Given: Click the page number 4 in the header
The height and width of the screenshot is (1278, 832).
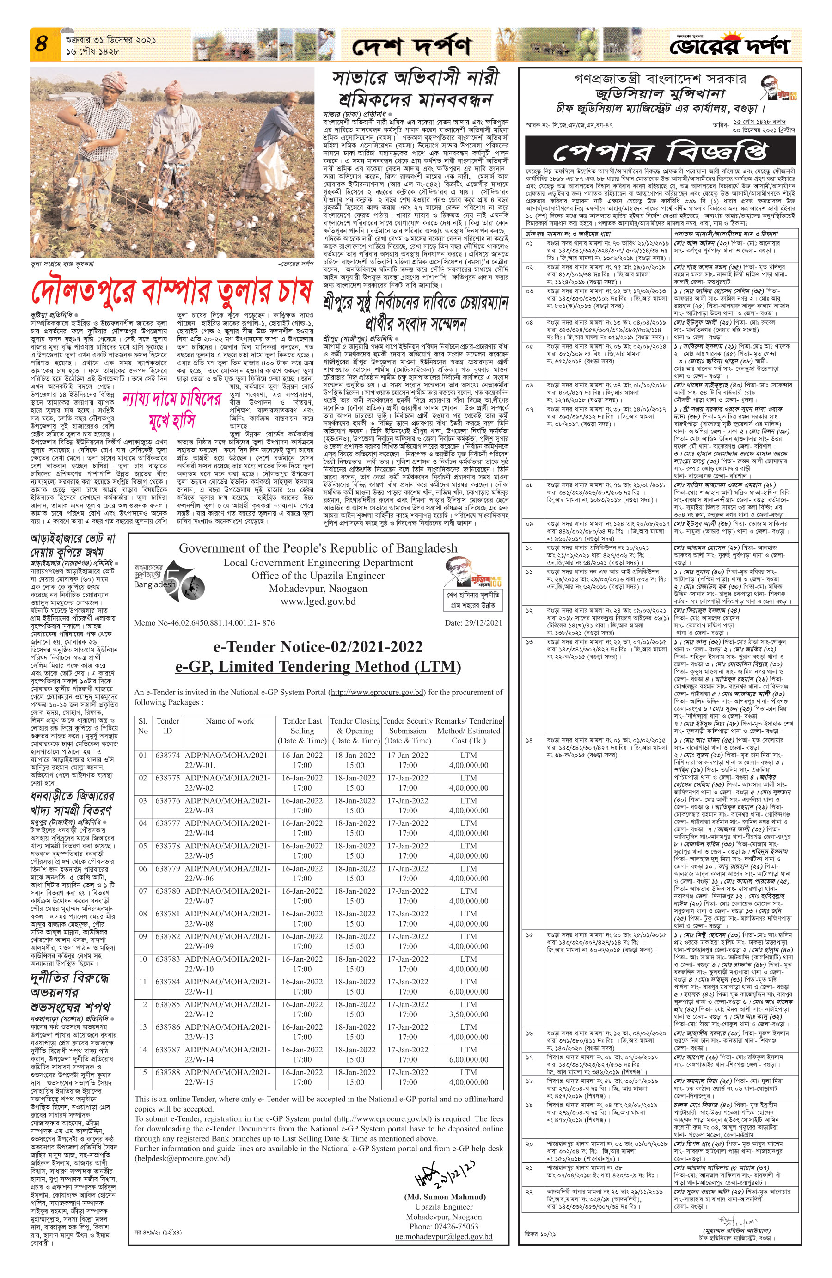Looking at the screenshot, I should (x=41, y=44).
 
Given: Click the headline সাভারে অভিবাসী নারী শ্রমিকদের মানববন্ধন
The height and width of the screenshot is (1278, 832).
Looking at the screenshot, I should (x=416, y=89).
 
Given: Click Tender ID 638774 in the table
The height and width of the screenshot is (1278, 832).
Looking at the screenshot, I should (x=167, y=755).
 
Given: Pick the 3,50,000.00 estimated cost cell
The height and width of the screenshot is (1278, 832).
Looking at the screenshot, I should (x=469, y=1014).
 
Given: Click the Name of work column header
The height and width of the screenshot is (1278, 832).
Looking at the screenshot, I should (x=229, y=721).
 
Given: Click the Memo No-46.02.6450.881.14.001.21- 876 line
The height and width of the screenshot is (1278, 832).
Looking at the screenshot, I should (x=204, y=623).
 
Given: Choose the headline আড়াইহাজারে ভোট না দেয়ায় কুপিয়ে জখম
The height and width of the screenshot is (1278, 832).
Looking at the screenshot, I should (x=73, y=545).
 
